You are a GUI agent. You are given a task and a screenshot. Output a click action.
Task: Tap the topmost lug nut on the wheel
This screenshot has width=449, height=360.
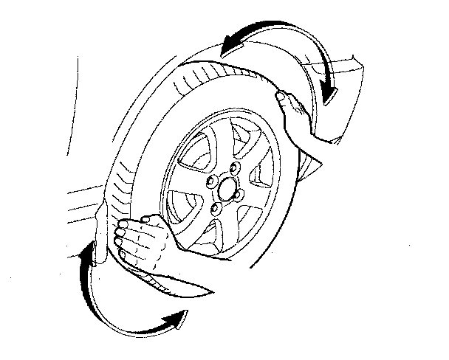point(233,170)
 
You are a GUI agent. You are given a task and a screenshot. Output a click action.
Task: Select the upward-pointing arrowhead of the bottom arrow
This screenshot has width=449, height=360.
point(89,253)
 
